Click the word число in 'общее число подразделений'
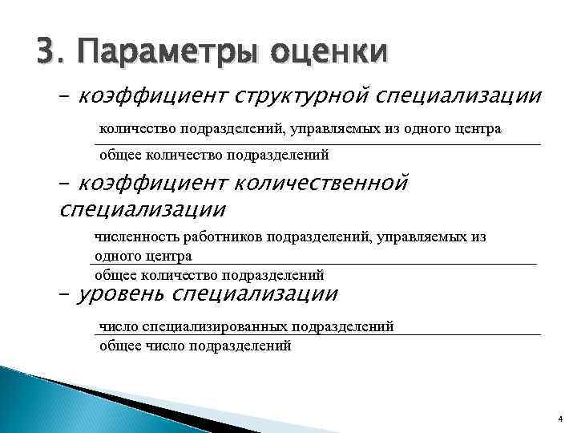click(163, 346)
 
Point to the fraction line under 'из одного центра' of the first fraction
click(321, 144)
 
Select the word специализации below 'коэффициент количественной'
click(143, 210)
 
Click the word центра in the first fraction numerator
click(479, 128)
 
